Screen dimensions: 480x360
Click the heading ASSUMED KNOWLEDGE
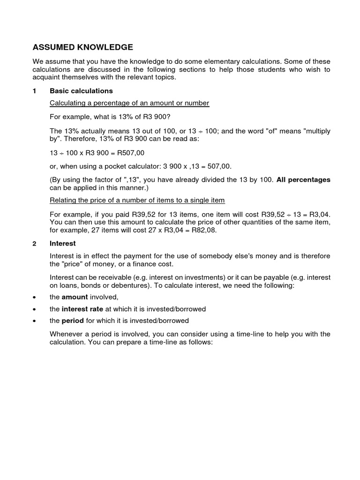pyautogui.click(x=82, y=47)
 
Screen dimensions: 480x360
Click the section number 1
pyautogui.click(x=34, y=90)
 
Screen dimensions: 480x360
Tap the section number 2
pyautogui.click(x=34, y=244)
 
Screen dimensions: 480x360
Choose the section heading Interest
pyautogui.click(x=63, y=244)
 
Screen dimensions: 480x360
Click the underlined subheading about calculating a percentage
pyautogui.click(x=129, y=103)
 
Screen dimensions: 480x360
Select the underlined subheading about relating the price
pyautogui.click(x=137, y=201)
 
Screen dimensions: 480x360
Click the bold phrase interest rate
pyautogui.click(x=82, y=309)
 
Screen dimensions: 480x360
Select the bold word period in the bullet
pyautogui.click(x=73, y=321)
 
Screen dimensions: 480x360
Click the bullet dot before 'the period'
pyautogui.click(x=34, y=321)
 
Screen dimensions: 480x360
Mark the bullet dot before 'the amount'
pyautogui.click(x=34, y=297)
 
